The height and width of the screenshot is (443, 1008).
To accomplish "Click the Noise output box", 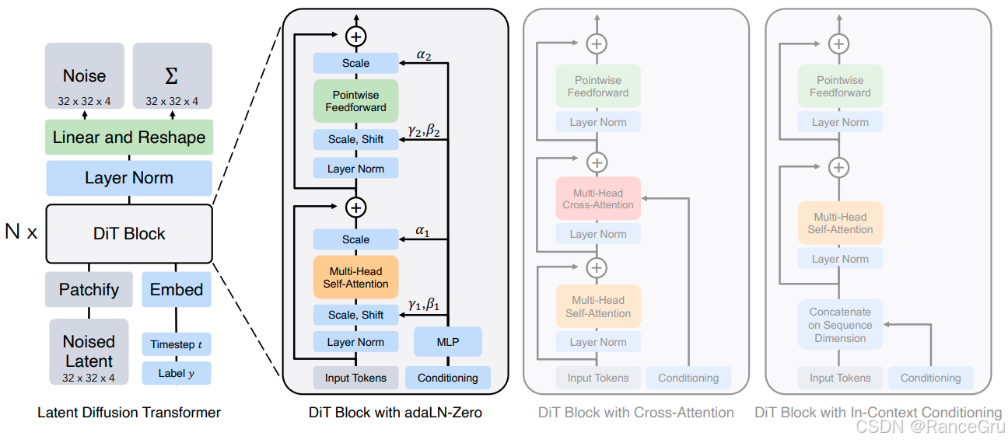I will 84,75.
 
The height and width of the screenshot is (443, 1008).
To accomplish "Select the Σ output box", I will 172,75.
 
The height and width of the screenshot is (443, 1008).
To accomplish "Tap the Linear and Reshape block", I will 129,138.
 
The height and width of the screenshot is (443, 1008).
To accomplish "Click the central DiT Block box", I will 129,233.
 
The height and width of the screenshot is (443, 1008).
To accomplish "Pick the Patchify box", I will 89,289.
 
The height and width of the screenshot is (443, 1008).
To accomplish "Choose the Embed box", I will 177,289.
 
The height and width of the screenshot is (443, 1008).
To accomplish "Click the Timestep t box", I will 177,344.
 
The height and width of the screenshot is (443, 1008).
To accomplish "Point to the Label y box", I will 177,373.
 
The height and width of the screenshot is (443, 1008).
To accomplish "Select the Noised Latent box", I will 89,351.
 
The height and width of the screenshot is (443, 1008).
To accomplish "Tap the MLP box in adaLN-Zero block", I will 448,341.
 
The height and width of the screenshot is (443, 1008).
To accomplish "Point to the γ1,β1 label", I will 424,306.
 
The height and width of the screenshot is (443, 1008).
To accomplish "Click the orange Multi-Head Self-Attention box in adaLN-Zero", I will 355,277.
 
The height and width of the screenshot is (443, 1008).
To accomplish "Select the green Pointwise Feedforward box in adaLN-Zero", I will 355,101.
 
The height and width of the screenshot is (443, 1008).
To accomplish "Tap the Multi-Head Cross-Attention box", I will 597,198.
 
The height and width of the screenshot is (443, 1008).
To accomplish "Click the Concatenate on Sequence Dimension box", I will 840,324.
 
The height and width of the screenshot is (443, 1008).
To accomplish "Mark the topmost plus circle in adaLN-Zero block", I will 355,36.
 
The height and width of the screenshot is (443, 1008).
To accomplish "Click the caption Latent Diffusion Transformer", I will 129,413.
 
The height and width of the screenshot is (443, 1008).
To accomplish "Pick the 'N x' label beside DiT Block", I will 21,232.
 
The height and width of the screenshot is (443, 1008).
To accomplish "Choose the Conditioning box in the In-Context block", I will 930,378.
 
